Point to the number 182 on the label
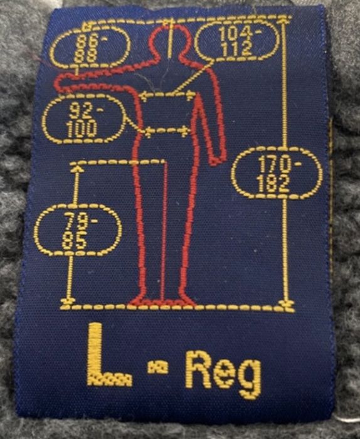point(273,184)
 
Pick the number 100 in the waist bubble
point(82,129)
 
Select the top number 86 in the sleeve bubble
point(87,42)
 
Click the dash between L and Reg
point(157,367)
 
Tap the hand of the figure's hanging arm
point(218,157)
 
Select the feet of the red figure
point(162,302)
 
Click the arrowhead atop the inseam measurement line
point(77,169)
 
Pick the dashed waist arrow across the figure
point(166,131)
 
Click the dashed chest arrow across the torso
point(167,96)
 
